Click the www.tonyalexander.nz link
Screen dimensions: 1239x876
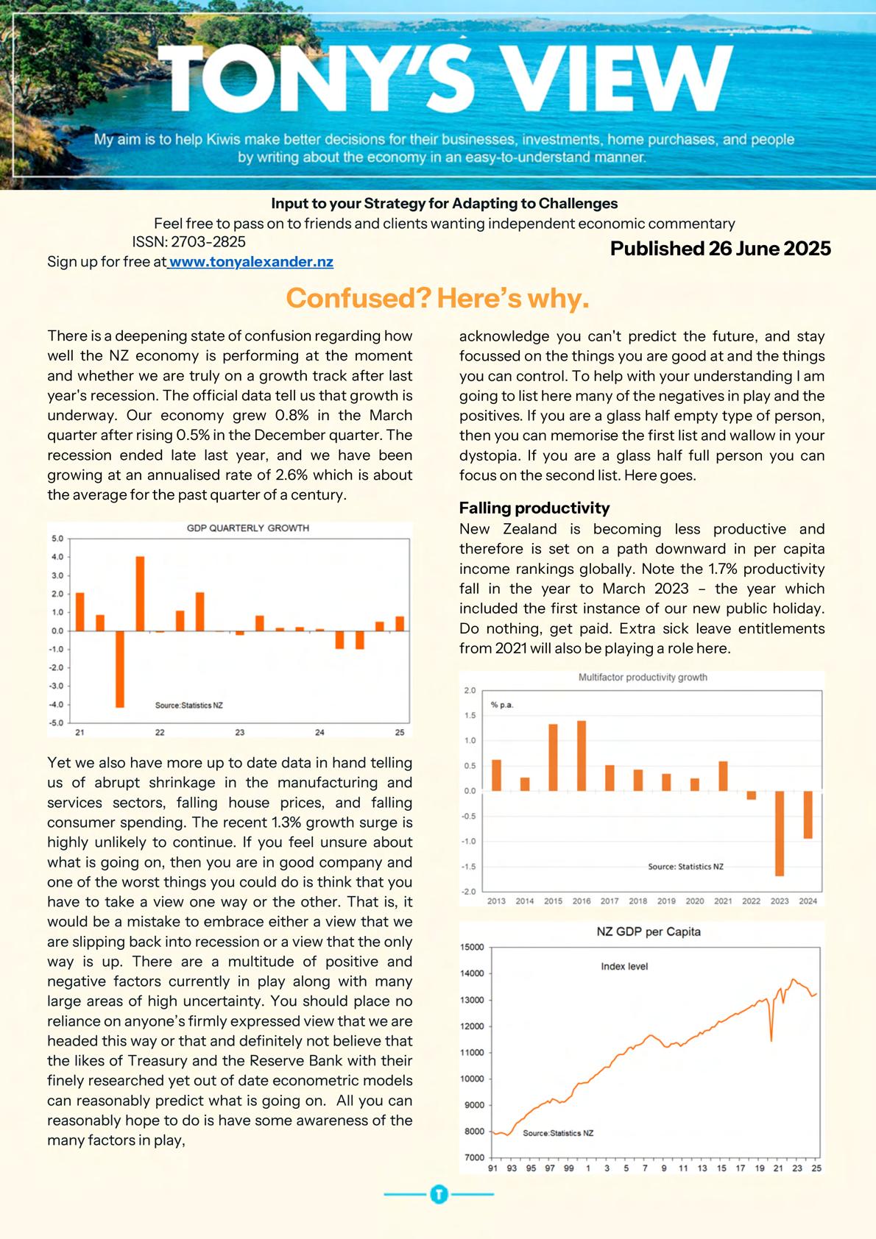(251, 262)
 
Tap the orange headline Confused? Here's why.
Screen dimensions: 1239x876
(437, 299)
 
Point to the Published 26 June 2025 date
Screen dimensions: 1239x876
(720, 249)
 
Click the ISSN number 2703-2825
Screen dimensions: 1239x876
(208, 242)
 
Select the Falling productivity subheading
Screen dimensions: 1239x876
(534, 508)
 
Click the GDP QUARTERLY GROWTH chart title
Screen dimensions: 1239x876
(247, 528)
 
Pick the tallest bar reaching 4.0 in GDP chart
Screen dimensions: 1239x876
(140, 593)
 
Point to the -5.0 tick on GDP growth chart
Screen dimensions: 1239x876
(57, 723)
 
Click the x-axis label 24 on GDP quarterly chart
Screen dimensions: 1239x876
(319, 733)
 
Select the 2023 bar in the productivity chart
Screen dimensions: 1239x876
(780, 833)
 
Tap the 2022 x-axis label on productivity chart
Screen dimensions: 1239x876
(752, 901)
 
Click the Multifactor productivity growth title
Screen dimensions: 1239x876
(643, 678)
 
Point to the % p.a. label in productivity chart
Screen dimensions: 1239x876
(502, 705)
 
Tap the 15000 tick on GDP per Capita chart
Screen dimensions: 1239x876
(473, 947)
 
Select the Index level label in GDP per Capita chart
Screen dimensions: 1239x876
(624, 966)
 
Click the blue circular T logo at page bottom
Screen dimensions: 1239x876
(439, 1194)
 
